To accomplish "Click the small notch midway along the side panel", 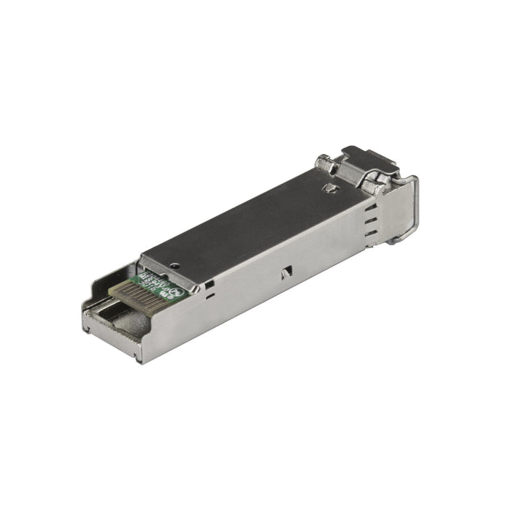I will tap(286, 272).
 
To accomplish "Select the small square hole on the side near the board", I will tap(209, 285).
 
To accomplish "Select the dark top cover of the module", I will tap(248, 219).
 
